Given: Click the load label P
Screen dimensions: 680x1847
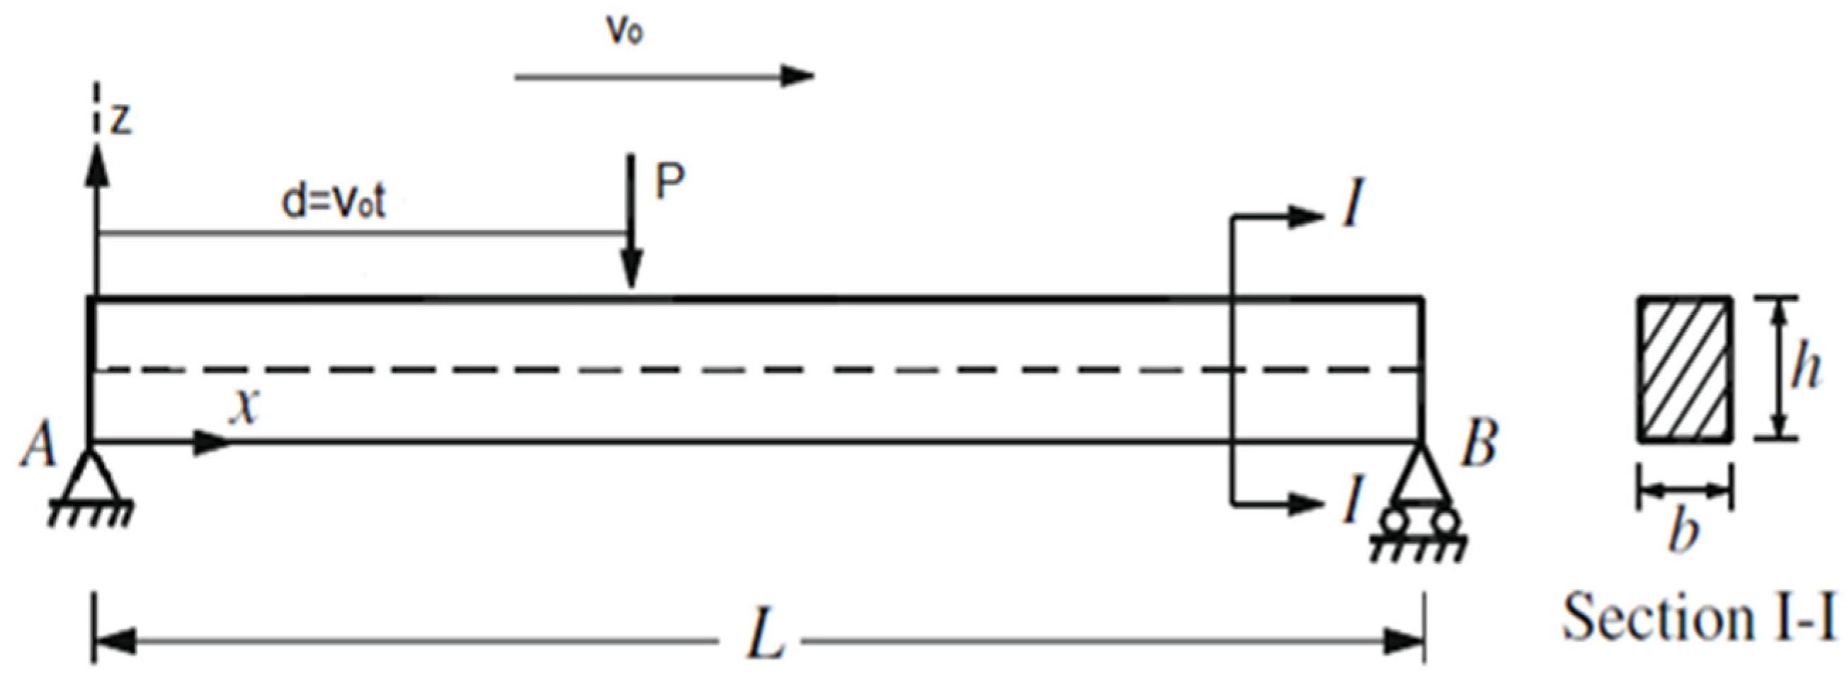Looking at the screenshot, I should click(671, 183).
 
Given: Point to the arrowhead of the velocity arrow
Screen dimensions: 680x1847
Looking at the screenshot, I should click(797, 75).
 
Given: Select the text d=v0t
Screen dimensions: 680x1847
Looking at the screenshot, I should click(334, 203).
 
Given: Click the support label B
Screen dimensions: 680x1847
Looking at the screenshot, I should click(1479, 444).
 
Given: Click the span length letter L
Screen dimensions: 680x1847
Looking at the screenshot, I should click(766, 638).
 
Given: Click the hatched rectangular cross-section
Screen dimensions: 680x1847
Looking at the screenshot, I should click(1684, 369).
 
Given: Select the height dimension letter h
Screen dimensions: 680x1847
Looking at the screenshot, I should click(1805, 369).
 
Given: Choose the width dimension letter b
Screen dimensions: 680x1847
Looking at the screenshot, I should click(1683, 532).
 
